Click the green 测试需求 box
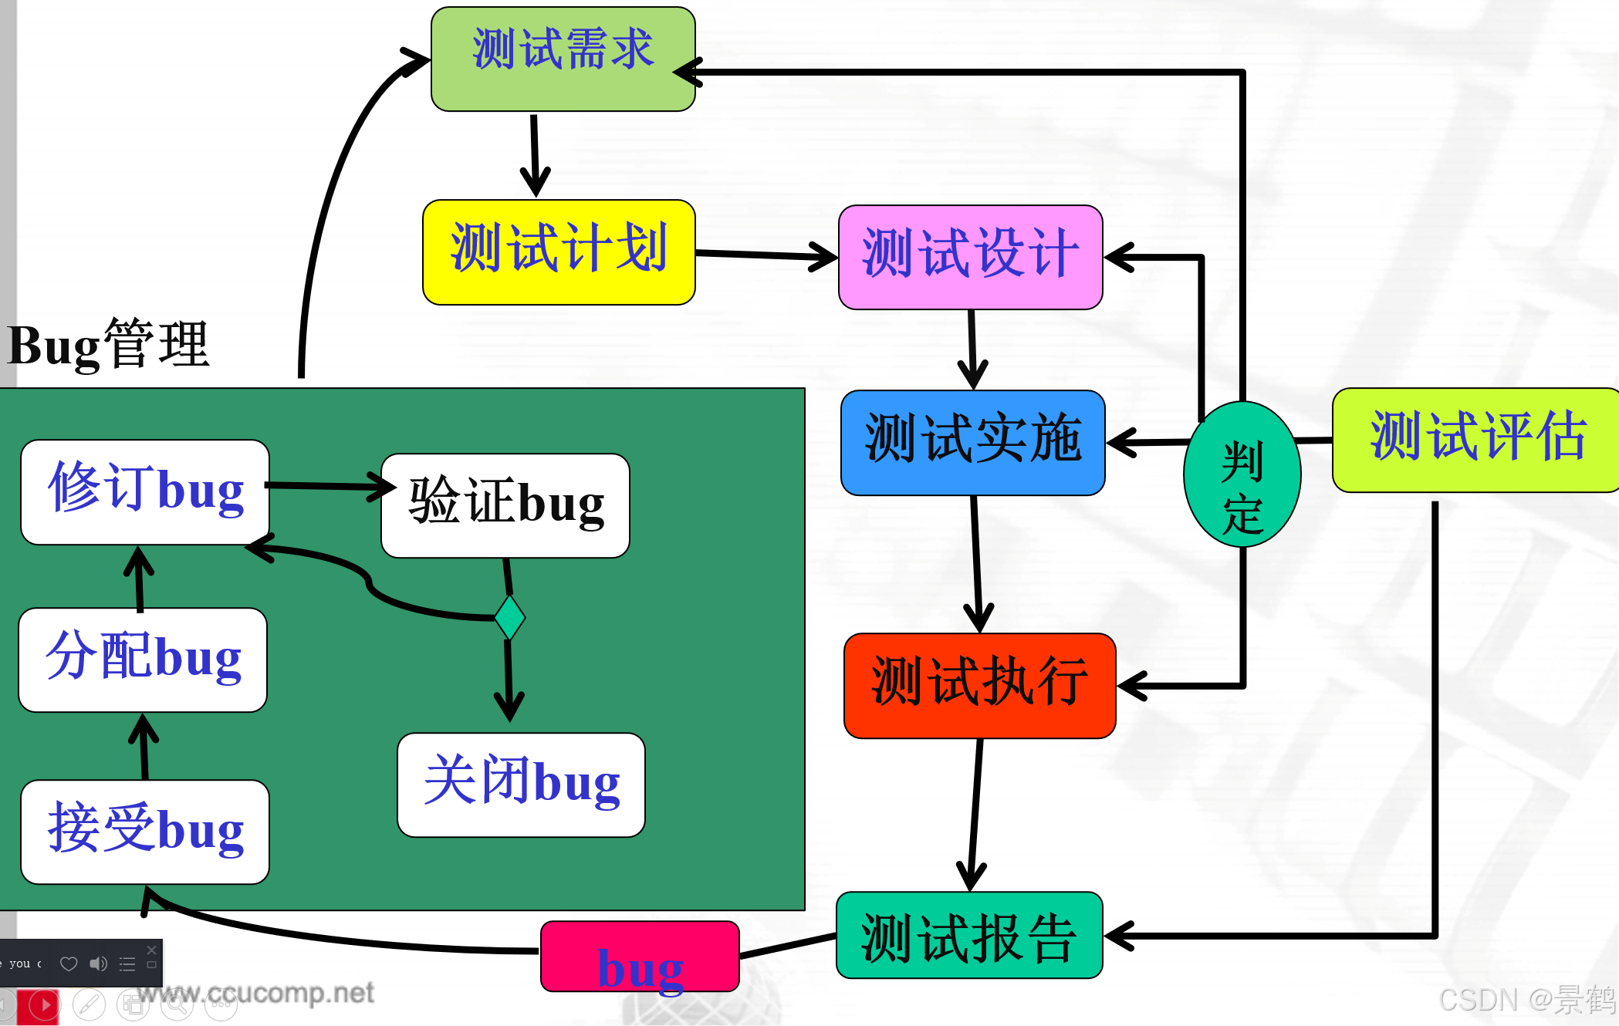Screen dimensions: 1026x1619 pos(563,59)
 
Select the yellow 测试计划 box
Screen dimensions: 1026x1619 pos(559,252)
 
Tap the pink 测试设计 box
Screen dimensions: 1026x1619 pos(970,257)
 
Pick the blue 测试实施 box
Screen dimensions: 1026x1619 pos(972,442)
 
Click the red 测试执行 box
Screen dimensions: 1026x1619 pos(979,685)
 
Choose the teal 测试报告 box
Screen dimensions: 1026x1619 pos(969,935)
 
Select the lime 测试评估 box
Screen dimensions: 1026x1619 pos(1475,440)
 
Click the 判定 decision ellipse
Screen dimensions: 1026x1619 pos(1242,474)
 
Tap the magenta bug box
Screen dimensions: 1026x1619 pos(640,957)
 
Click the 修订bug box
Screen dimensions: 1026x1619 pos(145,491)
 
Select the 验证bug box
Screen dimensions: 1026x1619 pos(505,505)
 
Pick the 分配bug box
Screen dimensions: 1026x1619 pos(143,660)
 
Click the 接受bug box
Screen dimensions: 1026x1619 pos(145,832)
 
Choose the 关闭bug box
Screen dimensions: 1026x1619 pos(521,785)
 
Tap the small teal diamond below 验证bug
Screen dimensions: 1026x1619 pos(509,617)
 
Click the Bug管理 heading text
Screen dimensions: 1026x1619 pos(108,345)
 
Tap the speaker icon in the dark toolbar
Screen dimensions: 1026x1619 pos(98,964)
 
